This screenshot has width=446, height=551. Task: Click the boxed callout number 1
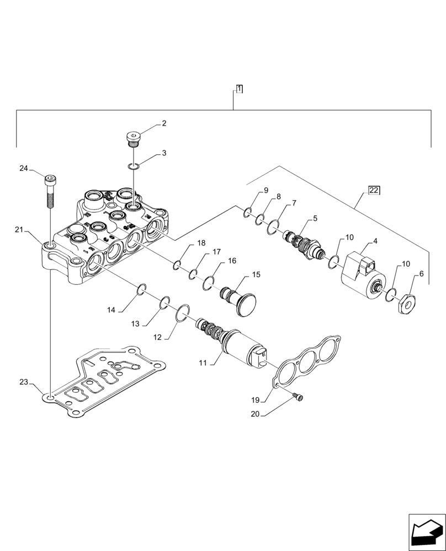click(239, 89)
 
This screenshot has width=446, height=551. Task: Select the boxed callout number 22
click(374, 191)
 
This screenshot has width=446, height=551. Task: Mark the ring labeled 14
click(141, 288)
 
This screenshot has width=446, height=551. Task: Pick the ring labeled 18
click(176, 266)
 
